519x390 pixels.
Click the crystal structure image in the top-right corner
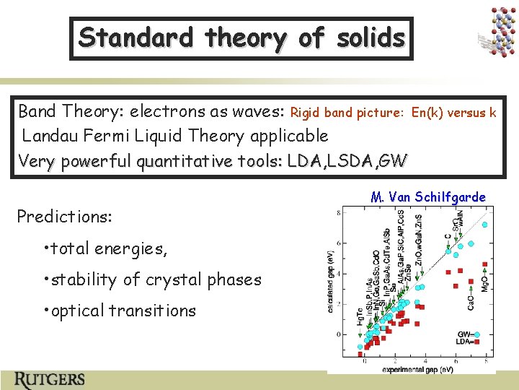tap(497, 32)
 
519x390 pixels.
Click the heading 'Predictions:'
tap(63, 217)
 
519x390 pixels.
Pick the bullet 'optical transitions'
tap(123, 311)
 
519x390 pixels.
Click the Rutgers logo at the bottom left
tap(50, 379)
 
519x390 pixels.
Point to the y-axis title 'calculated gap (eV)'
tap(332, 285)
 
